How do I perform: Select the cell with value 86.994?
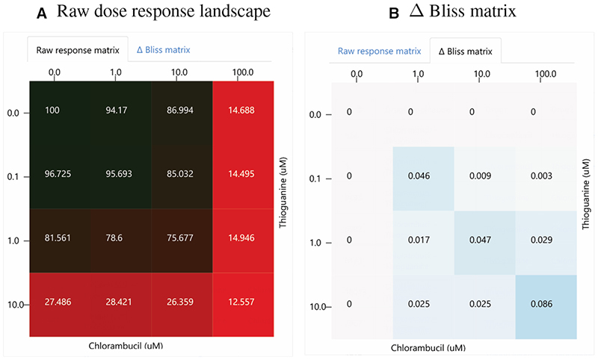(182, 111)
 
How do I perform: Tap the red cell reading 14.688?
(243, 111)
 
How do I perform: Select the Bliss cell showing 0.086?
(546, 304)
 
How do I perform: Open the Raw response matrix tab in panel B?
(379, 51)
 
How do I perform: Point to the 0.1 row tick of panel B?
(315, 179)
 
